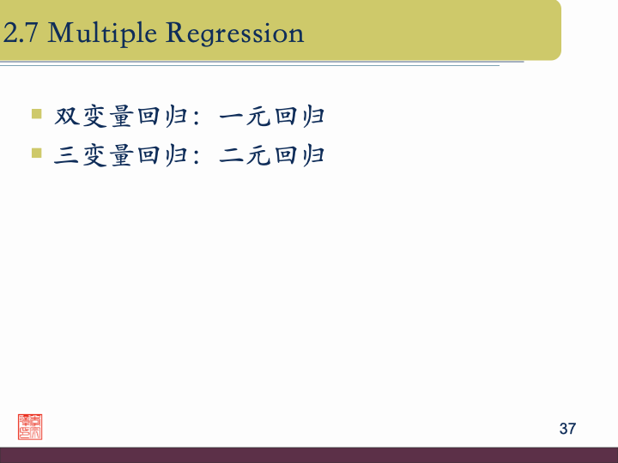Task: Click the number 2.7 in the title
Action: (x=22, y=33)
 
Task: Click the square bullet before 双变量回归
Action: (x=36, y=113)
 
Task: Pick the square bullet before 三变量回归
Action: (x=36, y=153)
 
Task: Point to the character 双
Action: (x=67, y=116)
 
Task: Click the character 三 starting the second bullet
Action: (x=67, y=155)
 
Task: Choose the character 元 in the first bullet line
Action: (x=259, y=116)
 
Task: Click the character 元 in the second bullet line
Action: (x=259, y=155)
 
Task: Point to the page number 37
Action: (x=567, y=429)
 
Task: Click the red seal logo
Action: (x=30, y=426)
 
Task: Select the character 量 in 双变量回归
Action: (x=121, y=116)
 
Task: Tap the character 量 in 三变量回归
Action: (x=121, y=155)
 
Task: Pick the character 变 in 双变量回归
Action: (x=94, y=116)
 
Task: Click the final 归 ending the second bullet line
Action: (x=312, y=155)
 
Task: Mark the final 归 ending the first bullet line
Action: (x=312, y=116)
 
